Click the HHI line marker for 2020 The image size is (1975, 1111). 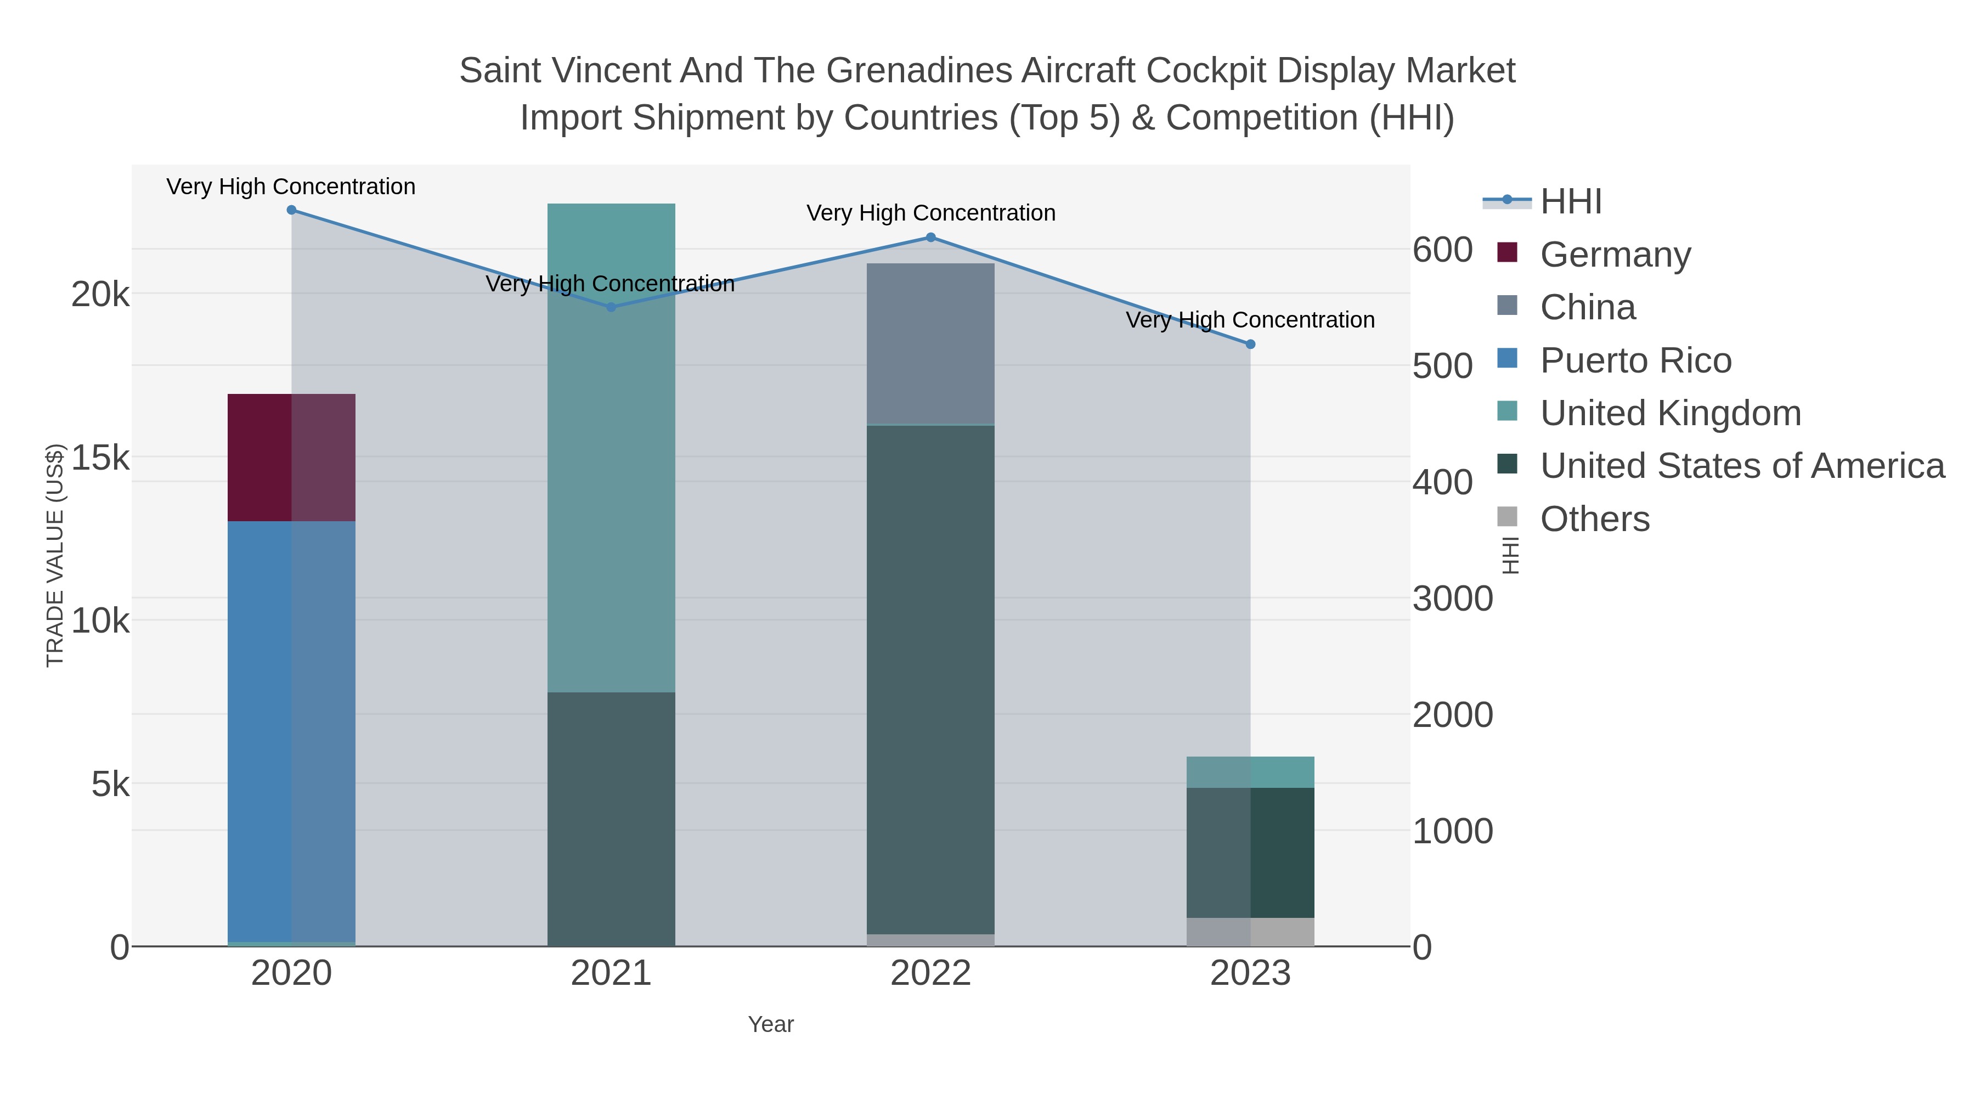coord(291,210)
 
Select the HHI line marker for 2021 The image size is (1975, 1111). coord(611,307)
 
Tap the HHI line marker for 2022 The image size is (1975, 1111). coord(931,238)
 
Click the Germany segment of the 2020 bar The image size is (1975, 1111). coord(291,458)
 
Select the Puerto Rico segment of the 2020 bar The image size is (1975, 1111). coord(291,729)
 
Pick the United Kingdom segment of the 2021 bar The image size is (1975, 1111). coord(611,449)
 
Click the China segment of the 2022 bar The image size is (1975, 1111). coord(931,343)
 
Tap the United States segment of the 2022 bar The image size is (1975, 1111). coord(931,679)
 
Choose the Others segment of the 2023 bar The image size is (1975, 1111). coord(1250,932)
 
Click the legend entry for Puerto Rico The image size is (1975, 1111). coord(1635,360)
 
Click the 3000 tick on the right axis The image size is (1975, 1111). coord(1452,599)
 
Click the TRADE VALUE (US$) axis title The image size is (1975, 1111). coord(55,555)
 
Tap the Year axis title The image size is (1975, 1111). coord(771,1024)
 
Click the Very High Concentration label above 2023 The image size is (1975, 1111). coord(1250,320)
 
